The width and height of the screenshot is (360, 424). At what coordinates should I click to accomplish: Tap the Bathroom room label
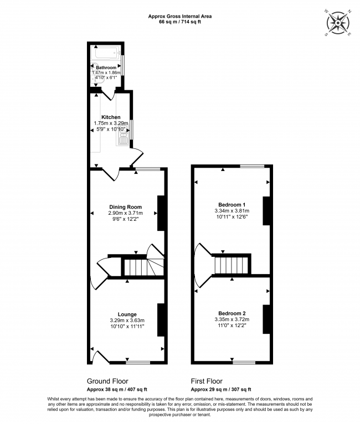(106, 68)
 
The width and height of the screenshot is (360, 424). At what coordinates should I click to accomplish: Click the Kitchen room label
(111, 117)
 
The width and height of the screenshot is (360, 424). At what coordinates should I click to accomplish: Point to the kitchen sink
(122, 141)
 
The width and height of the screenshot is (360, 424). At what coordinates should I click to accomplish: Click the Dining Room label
(125, 207)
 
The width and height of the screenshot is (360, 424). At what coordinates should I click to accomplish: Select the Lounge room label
(126, 314)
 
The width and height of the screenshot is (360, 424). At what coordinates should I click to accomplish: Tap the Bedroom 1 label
(232, 204)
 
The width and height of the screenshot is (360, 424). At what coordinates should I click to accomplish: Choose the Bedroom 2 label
(232, 313)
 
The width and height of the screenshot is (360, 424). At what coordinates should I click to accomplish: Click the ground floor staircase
(136, 268)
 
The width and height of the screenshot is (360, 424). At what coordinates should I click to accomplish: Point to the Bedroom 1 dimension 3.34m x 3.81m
(232, 211)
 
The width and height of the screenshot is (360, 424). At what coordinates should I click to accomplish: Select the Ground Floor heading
(107, 381)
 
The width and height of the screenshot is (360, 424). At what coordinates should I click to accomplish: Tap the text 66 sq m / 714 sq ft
(180, 23)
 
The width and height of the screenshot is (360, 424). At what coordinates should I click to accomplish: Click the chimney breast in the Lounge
(162, 319)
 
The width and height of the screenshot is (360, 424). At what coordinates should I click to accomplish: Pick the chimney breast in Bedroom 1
(266, 213)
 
